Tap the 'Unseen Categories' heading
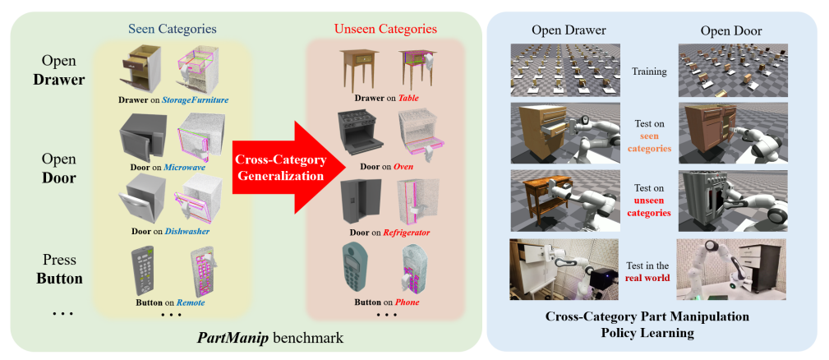(x=385, y=29)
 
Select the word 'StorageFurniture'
(x=195, y=100)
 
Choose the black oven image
(x=357, y=135)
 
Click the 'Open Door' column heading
(x=731, y=30)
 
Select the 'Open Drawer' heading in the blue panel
(x=569, y=30)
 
